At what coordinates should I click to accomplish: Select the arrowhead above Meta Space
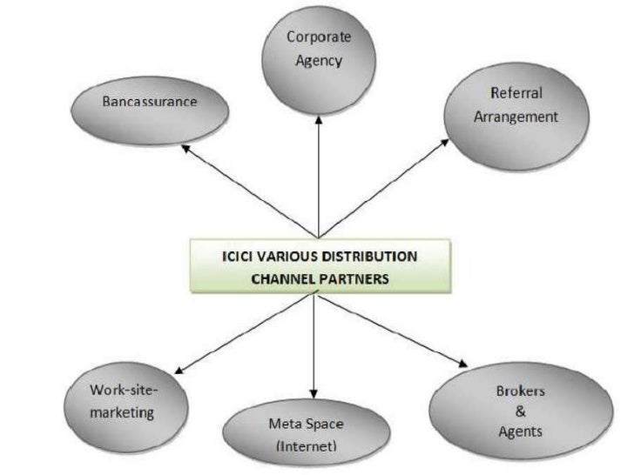pos(313,396)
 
